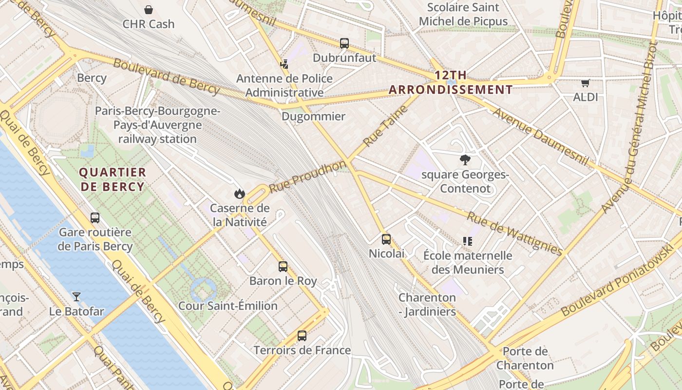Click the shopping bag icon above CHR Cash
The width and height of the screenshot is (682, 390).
coord(149,9)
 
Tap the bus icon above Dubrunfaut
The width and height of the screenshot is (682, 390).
coord(344,43)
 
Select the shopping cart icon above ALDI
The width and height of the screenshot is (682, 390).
coord(585,83)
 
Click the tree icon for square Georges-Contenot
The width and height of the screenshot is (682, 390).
coord(465,159)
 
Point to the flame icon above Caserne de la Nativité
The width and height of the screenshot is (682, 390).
coord(239,194)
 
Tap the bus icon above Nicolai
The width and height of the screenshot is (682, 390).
coord(386,239)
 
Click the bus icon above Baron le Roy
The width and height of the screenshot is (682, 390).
coord(283,266)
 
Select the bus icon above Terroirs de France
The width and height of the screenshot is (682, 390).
coord(302,335)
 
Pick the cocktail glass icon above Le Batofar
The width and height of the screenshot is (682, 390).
coord(76,296)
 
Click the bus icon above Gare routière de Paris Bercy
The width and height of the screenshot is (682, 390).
coord(95,217)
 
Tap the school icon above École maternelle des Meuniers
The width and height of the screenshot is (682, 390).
coord(468,241)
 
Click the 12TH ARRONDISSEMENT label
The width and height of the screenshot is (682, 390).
coord(451,82)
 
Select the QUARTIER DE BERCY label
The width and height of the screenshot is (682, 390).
coord(113,179)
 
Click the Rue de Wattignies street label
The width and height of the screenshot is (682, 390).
coord(514,233)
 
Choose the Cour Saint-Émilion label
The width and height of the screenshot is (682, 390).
coord(228,306)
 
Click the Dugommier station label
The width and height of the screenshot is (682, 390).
coord(313,116)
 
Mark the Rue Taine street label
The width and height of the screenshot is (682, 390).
coord(385,126)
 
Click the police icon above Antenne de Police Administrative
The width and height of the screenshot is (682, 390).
coord(284,64)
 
